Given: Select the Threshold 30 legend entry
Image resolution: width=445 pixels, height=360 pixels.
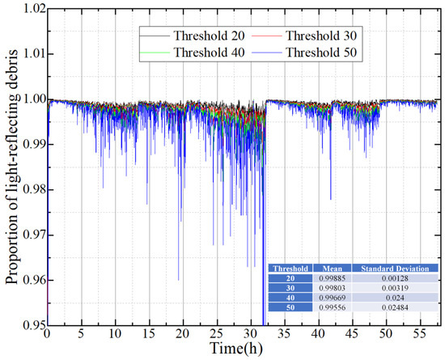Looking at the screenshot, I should (x=322, y=36).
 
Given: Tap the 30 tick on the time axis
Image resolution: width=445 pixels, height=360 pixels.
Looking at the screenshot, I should (x=251, y=333).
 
